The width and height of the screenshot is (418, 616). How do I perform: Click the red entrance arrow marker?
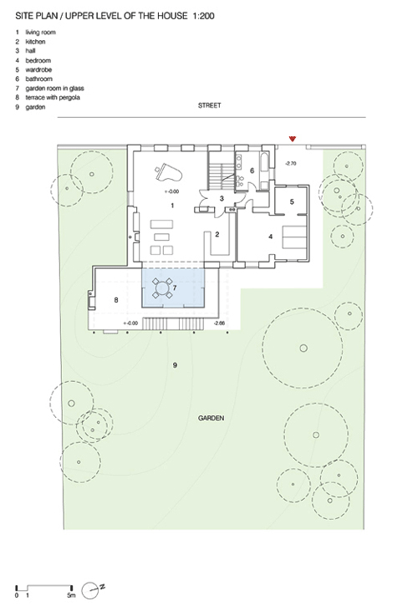point(292,139)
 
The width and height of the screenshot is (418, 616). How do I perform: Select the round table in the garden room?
point(162,288)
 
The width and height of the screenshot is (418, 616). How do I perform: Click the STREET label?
point(209,105)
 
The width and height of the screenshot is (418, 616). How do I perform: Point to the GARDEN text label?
point(211,418)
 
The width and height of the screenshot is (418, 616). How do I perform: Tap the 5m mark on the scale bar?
point(71,596)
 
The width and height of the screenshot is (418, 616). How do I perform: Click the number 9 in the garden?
point(175,365)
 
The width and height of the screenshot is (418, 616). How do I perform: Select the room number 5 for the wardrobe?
point(292,201)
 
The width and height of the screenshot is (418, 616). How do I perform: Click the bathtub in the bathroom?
point(264,165)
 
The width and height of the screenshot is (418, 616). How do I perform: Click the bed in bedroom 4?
point(294,237)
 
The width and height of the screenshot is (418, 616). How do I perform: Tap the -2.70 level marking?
point(290,164)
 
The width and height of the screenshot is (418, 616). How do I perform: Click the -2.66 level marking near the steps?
point(219,323)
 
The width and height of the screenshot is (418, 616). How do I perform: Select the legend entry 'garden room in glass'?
point(54,89)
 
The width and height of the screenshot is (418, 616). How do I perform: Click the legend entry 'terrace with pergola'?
point(53,98)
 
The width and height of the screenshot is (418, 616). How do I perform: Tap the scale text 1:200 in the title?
point(203,16)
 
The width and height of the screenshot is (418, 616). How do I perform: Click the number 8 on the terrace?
point(116,300)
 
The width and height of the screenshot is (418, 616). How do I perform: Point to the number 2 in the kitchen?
point(217,235)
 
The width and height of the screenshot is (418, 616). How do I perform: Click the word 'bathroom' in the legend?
point(39,79)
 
